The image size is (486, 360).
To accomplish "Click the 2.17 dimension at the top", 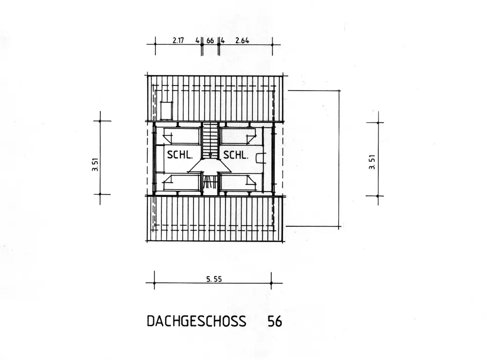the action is point(178,40).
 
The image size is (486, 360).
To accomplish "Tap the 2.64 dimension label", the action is point(242,40).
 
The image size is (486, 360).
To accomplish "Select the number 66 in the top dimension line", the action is point(210,41).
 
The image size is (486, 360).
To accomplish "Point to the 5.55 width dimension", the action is point(214,279).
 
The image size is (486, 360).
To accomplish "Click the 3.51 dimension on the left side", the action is point(95,164).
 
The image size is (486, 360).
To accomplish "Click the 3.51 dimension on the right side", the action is point(372,162).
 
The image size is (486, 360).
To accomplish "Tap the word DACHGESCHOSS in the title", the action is point(196,321).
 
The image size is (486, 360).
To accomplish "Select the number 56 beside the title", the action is point(275,321).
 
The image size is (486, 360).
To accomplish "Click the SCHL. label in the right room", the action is point(236,155).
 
